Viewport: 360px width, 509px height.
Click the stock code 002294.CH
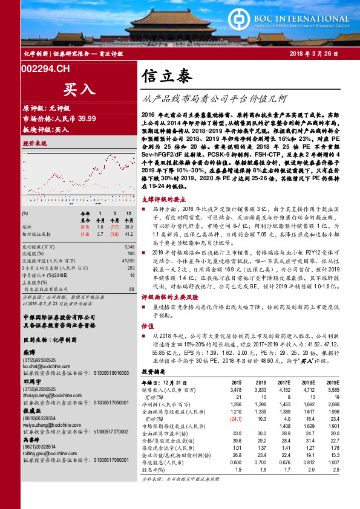click(45, 70)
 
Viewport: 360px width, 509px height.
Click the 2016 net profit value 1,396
click(260, 403)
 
